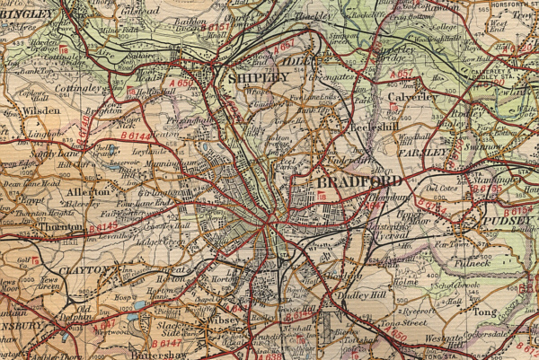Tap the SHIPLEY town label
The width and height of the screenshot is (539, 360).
[260, 79]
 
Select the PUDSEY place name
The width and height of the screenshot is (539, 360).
[508, 218]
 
